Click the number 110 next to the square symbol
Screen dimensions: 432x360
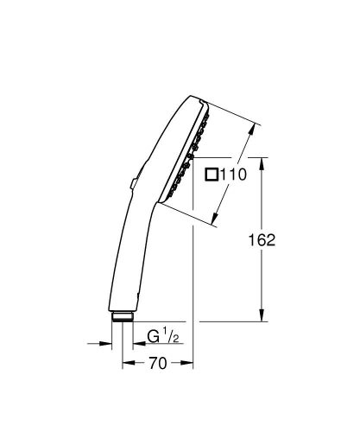click(234, 174)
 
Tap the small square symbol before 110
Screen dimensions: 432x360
click(212, 174)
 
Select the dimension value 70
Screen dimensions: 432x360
click(157, 365)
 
